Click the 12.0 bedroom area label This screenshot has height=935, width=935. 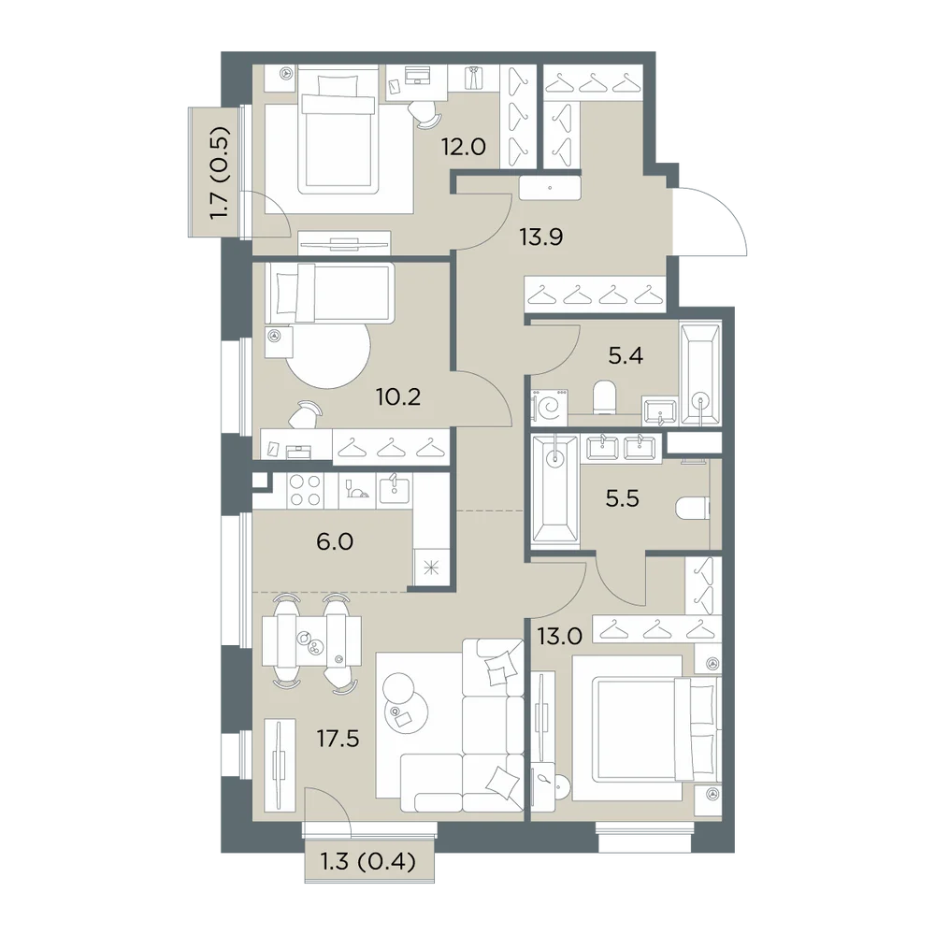(464, 146)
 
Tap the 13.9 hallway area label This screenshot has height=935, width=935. (540, 237)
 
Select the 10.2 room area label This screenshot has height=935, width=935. (398, 396)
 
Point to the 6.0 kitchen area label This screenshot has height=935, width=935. (335, 541)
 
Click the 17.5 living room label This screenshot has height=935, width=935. (338, 739)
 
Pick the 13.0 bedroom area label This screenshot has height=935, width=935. (559, 637)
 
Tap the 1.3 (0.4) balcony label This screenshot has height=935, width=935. (367, 861)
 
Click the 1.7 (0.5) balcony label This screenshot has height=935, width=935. (220, 173)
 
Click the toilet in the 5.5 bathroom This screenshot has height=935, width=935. (693, 510)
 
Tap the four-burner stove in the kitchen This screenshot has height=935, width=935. (305, 490)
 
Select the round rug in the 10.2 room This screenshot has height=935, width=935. (328, 352)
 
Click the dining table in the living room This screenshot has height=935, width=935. (311, 641)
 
